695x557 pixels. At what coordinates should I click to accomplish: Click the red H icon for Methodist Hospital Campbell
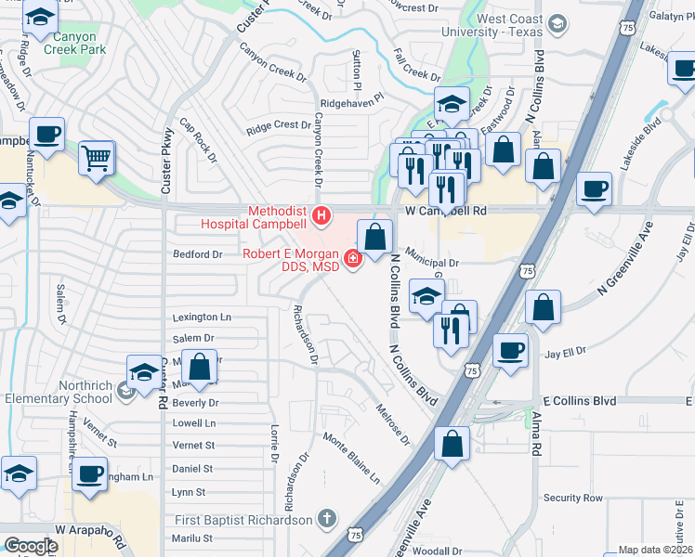pos(321,216)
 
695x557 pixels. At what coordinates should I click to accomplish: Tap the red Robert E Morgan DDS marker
pos(353,258)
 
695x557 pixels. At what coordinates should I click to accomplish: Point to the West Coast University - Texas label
pos(511,25)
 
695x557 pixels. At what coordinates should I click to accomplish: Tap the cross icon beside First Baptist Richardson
pos(326,518)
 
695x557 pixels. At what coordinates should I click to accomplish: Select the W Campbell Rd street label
pos(446,211)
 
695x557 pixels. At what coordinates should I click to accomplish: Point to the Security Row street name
pos(573,499)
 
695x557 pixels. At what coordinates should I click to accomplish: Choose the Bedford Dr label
pos(198,253)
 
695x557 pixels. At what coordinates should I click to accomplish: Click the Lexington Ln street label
pos(202,317)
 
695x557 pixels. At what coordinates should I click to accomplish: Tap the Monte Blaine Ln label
pos(351,457)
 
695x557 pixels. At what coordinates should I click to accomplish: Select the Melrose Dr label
pos(393,422)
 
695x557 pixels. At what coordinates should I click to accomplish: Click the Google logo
pos(31,546)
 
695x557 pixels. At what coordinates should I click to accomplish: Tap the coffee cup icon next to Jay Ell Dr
pos(510,352)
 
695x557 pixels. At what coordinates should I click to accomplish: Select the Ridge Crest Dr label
pos(279,124)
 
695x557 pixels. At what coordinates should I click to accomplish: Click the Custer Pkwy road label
pos(165,161)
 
